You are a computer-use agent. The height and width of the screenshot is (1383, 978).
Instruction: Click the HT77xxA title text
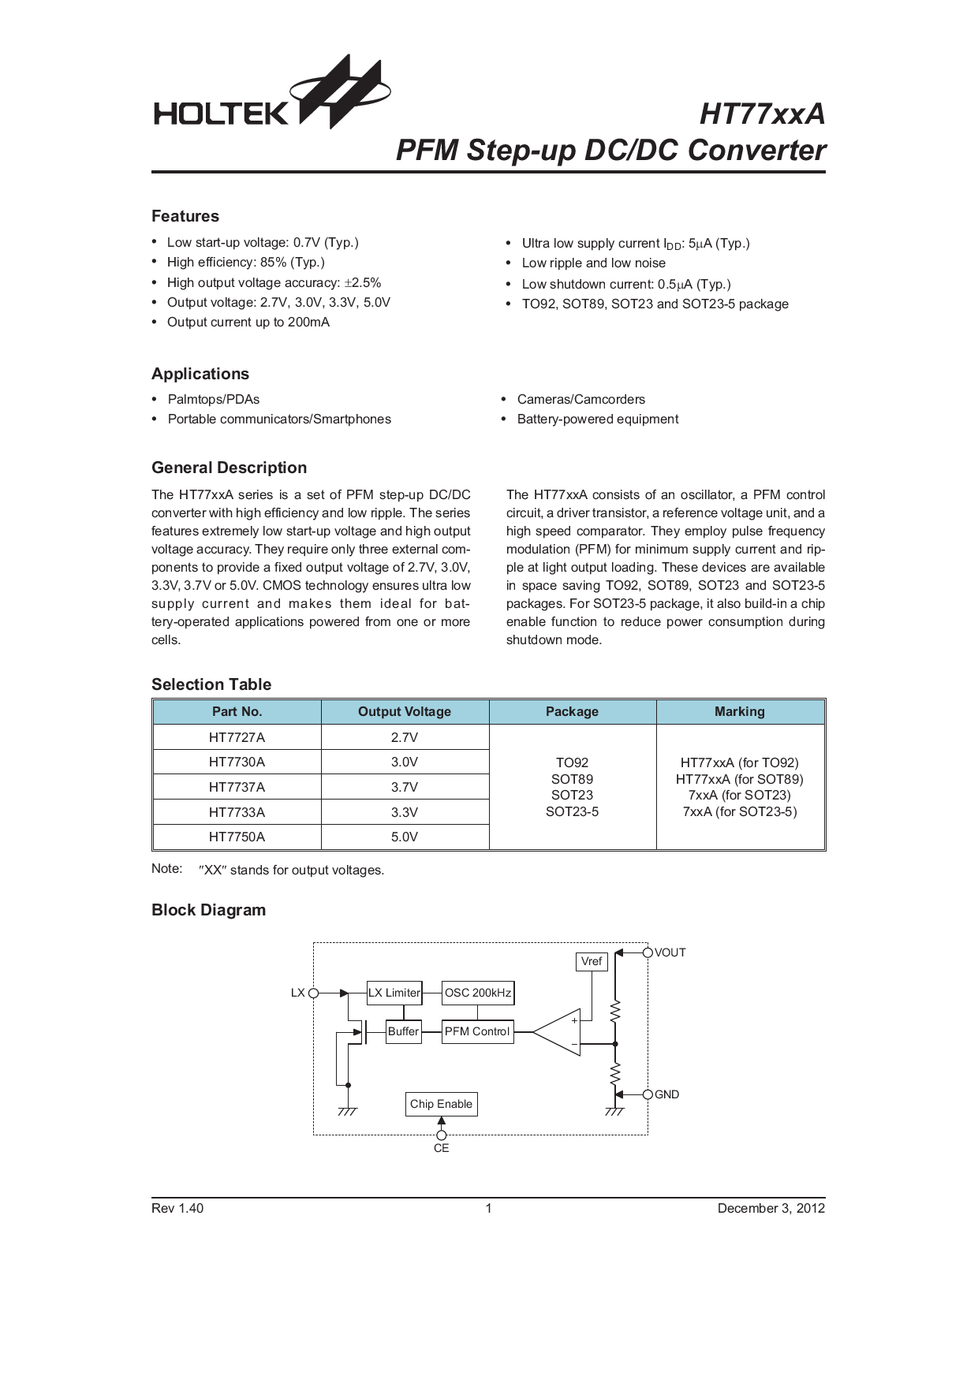tap(761, 114)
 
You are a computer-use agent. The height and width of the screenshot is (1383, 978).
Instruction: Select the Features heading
tap(185, 216)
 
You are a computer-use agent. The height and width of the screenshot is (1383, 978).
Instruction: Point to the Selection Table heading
tap(211, 684)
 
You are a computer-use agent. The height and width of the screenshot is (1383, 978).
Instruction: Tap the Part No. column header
tap(237, 711)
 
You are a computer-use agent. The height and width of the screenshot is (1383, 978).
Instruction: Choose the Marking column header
tap(739, 711)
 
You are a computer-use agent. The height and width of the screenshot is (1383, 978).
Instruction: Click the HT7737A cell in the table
tap(237, 787)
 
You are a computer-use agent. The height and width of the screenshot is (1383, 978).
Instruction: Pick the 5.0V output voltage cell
tap(405, 837)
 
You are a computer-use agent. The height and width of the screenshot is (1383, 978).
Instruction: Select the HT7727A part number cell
tap(237, 737)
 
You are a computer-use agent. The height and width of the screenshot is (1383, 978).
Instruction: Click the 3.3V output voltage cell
tap(405, 812)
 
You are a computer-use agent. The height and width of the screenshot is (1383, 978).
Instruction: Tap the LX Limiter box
tap(394, 993)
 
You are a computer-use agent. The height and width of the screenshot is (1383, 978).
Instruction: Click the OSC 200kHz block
tap(478, 993)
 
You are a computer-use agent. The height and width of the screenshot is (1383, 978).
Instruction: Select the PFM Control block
tap(477, 1031)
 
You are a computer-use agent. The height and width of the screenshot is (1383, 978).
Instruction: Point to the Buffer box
tap(403, 1031)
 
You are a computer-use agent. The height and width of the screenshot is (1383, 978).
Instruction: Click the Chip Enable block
tap(441, 1104)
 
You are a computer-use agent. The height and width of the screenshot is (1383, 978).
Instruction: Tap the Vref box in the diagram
tap(592, 961)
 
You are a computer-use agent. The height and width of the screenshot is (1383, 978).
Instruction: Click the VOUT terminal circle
tap(648, 952)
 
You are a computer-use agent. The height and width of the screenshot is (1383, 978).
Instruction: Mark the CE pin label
tap(441, 1148)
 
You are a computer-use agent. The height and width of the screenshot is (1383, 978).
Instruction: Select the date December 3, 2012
tap(771, 1208)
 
